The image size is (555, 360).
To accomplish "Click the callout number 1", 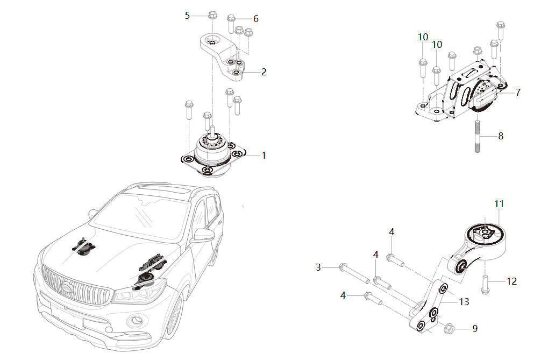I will pyautogui.click(x=264, y=155).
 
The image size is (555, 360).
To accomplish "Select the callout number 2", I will pyautogui.click(x=264, y=72).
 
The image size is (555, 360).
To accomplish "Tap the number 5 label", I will pyautogui.click(x=187, y=15).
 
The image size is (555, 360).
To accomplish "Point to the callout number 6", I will pyautogui.click(x=256, y=19).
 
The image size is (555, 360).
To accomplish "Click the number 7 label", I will pyautogui.click(x=517, y=93).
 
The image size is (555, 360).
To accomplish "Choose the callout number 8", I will pyautogui.click(x=501, y=136).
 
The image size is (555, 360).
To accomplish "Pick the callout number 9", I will pyautogui.click(x=475, y=328).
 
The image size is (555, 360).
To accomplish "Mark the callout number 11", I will pyautogui.click(x=499, y=204).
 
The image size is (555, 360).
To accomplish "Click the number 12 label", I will pyautogui.click(x=511, y=281).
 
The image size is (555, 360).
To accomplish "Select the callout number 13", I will pyautogui.click(x=464, y=302).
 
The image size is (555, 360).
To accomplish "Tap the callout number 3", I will pyautogui.click(x=318, y=267).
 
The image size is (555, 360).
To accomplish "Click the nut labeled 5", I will pyautogui.click(x=212, y=15).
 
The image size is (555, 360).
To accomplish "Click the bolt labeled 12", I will pyautogui.click(x=485, y=283).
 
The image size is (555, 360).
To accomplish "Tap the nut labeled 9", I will pyautogui.click(x=450, y=327).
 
